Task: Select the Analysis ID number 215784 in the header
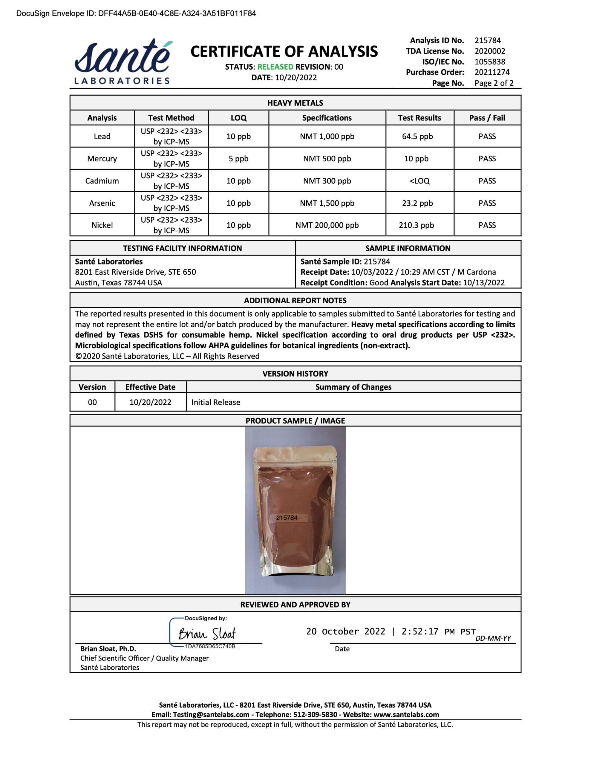tap(487, 40)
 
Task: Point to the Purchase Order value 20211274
tap(492, 72)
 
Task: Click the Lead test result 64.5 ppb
tap(417, 136)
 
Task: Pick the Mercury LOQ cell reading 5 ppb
tap(238, 159)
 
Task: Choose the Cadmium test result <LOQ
tap(419, 181)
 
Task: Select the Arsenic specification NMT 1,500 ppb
tap(327, 203)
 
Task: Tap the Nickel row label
tap(102, 225)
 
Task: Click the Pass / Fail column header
tap(487, 118)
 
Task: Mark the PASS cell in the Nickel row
tap(487, 225)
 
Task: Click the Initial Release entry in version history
tap(216, 402)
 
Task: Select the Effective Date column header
tap(150, 387)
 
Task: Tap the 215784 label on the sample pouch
tap(287, 517)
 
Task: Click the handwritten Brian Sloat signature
tap(207, 634)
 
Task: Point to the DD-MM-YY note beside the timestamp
tap(493, 638)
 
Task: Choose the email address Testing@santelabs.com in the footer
tap(211, 714)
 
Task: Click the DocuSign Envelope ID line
tap(136, 13)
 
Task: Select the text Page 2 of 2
tap(494, 83)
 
